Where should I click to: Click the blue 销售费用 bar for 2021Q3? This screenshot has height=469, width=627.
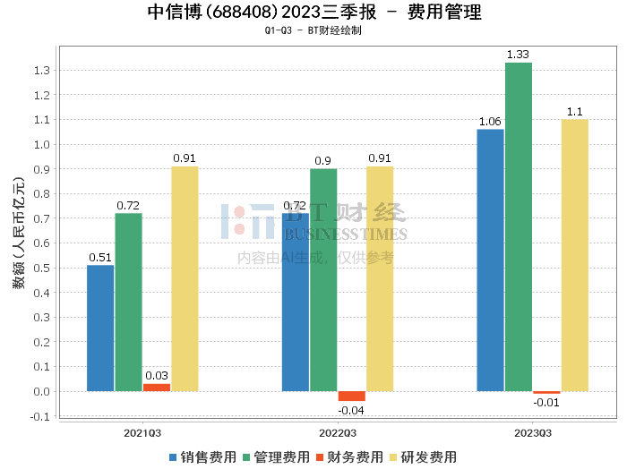click(100, 328)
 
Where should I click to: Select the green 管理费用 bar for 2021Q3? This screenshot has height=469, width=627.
click(128, 302)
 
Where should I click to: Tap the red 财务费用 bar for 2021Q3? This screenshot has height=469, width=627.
click(157, 387)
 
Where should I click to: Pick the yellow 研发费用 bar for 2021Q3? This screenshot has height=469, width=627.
click(185, 278)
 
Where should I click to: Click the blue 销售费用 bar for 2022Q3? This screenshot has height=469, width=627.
click(295, 302)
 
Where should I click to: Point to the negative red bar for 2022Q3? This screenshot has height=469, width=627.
click(351, 396)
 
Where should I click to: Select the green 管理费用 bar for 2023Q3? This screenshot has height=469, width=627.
click(518, 226)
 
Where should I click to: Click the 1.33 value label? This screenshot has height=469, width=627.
click(518, 55)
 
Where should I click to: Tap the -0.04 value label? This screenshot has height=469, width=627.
click(351, 410)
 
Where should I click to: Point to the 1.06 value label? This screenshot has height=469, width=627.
click(490, 122)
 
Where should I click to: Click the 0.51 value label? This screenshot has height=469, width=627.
click(100, 258)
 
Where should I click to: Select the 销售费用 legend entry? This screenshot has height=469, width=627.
click(202, 457)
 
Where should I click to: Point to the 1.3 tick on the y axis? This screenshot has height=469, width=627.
click(40, 71)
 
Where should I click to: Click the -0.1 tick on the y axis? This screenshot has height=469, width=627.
click(39, 416)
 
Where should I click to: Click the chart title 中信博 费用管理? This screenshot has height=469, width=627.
click(313, 13)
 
